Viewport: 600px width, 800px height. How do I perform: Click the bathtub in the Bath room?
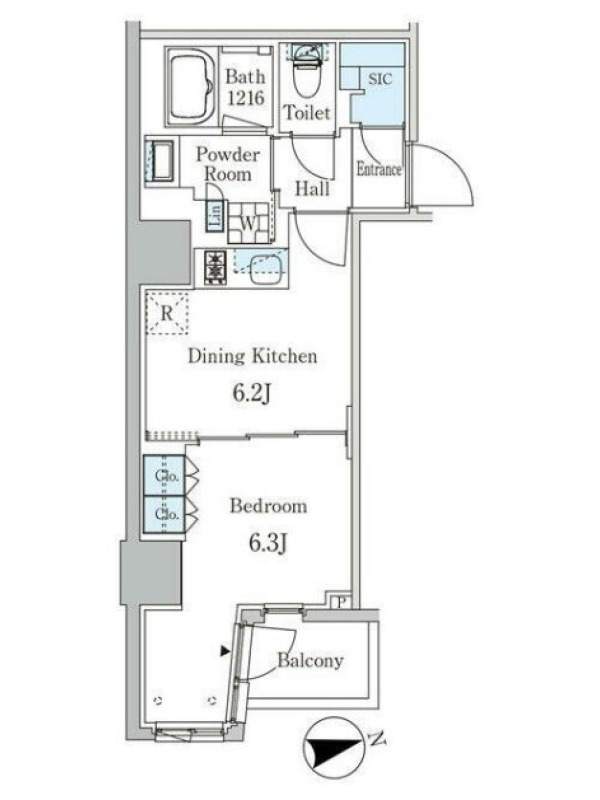coord(191,86)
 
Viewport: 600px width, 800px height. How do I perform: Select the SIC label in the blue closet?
coord(380,79)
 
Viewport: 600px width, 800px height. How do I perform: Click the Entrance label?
coord(379,169)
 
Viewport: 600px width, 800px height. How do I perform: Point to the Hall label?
coord(312,189)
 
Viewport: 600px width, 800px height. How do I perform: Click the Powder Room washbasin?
coord(161,161)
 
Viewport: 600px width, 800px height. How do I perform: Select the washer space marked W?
coord(248,223)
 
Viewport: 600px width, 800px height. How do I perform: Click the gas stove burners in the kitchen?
coord(215,267)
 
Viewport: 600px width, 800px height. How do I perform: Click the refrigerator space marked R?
coord(167,313)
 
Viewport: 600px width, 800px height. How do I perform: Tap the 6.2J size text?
coord(251,393)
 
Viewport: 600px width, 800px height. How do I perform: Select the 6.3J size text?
coord(268,543)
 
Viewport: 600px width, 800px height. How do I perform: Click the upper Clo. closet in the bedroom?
coord(164,476)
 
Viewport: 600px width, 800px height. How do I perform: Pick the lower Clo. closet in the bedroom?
coord(164,514)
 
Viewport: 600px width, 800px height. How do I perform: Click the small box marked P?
coord(341,602)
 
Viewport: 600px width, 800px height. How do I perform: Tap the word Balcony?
coord(310,660)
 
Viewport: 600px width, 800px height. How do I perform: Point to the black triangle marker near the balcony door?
coord(224,651)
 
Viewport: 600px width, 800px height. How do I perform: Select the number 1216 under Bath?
coord(245,97)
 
